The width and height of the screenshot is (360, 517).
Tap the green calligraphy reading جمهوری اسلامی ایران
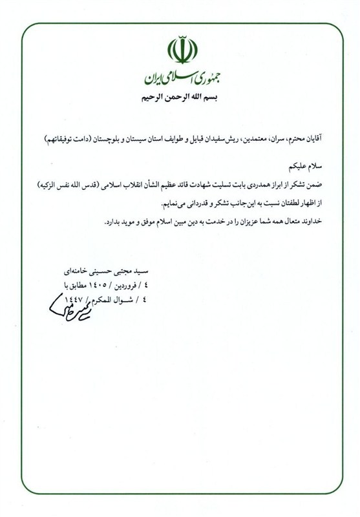click(x=180, y=80)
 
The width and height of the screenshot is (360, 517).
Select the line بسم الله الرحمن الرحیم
click(x=180, y=99)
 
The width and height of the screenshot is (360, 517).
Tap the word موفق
click(x=137, y=221)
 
